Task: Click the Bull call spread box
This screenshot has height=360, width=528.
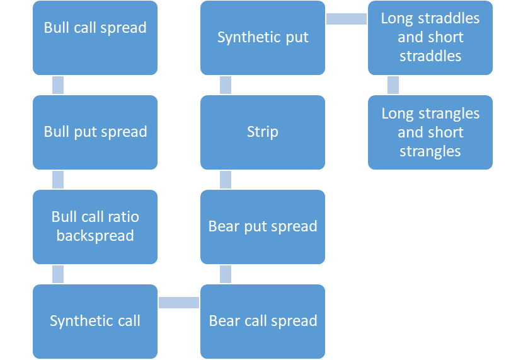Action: click(x=95, y=38)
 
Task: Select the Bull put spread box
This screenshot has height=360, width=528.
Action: click(x=95, y=132)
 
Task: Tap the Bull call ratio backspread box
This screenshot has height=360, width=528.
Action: click(x=95, y=227)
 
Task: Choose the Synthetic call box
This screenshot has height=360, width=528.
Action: click(x=95, y=322)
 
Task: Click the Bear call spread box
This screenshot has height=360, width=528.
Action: click(x=263, y=322)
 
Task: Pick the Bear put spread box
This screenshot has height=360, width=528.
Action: click(x=263, y=227)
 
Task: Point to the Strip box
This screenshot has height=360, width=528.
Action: click(x=263, y=132)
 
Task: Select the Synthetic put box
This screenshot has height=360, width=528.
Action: click(x=263, y=38)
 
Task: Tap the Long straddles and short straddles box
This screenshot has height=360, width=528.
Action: click(x=430, y=38)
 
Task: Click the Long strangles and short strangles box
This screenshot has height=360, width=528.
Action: click(x=430, y=132)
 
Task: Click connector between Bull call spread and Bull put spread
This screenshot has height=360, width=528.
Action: click(x=58, y=85)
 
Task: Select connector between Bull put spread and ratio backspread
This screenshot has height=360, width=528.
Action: click(x=58, y=180)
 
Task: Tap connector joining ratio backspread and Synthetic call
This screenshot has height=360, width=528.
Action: click(x=58, y=274)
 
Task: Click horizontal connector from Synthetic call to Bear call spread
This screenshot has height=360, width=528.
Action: click(x=179, y=303)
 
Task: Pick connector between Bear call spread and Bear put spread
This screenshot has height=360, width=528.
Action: click(x=226, y=274)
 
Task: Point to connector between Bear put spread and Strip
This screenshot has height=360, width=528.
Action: click(x=226, y=180)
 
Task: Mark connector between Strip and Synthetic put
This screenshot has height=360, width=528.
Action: click(x=226, y=85)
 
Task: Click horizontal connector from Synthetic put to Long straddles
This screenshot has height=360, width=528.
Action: click(x=347, y=19)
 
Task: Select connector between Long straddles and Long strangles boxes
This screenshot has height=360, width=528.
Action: click(x=393, y=85)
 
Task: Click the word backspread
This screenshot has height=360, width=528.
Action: click(x=95, y=236)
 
